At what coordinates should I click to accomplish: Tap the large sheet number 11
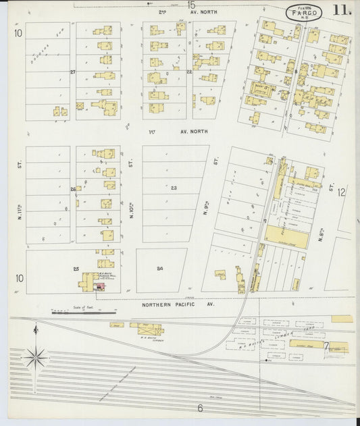point(341,11)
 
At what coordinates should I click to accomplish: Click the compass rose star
point(36,356)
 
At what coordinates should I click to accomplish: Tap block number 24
point(160,269)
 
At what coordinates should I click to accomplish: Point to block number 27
point(72,71)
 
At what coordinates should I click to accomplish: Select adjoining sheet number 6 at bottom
point(200,408)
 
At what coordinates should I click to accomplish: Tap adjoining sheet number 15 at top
point(191,5)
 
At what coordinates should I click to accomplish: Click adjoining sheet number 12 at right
point(342,192)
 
